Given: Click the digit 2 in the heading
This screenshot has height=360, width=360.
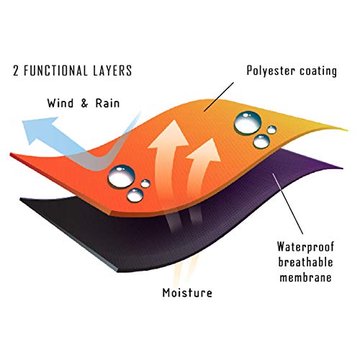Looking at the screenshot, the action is tap(16, 71).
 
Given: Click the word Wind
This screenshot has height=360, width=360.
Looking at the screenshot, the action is tap(60, 103).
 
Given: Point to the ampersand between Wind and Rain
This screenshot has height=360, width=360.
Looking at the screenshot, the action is tap(84, 103).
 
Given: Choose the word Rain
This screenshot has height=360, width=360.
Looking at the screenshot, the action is tap(107, 103).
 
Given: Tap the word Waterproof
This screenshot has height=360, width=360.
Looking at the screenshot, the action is tap(305, 247).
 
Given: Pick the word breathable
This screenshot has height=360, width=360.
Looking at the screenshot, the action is tap(305, 262).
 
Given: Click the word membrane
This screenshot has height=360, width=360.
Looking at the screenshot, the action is tap(305, 277).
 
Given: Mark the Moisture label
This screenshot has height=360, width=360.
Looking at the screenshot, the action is tap(187, 293).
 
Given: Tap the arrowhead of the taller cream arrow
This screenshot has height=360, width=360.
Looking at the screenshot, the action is tap(169, 135).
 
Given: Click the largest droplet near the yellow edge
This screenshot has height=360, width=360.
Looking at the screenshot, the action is tap(248, 122).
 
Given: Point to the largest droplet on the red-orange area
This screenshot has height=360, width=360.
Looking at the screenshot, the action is tap(121, 177).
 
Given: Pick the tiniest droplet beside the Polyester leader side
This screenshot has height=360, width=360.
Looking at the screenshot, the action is tap(271, 130).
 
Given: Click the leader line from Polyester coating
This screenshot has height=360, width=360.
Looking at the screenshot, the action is tap(219, 97).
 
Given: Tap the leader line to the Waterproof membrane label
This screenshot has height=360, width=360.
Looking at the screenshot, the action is tap(287, 204).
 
